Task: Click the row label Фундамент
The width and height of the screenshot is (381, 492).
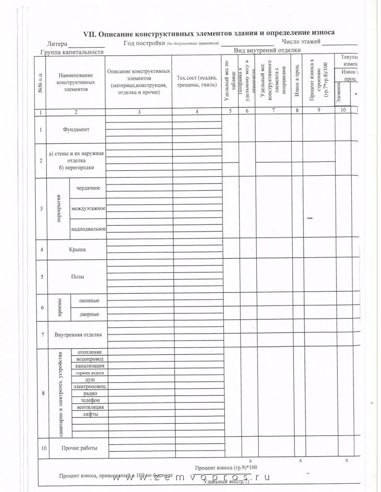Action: point(75,129)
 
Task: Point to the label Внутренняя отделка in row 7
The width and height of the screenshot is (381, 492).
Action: point(78,335)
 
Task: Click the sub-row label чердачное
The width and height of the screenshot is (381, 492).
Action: point(88,188)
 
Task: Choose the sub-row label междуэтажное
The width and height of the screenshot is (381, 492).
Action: point(89,209)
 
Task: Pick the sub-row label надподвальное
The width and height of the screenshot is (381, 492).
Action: point(89,229)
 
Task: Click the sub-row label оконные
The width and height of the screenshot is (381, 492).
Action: point(89,301)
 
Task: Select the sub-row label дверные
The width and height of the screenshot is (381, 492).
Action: point(89,314)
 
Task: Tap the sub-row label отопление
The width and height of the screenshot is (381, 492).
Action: point(90,352)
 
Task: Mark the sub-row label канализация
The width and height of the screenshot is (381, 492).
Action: point(90,367)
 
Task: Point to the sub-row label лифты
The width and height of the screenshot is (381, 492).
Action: point(90,414)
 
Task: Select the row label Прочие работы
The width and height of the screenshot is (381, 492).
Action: point(79,448)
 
